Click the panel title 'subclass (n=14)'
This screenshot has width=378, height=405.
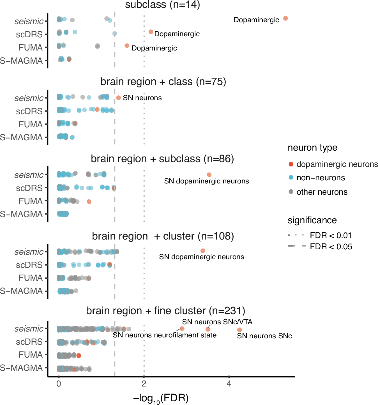162,5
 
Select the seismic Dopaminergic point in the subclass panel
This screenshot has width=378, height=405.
285,19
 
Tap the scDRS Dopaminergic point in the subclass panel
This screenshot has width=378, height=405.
151,32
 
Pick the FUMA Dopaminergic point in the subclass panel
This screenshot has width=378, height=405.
127,46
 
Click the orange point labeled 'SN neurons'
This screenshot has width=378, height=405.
119,98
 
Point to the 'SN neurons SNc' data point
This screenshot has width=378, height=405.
239,330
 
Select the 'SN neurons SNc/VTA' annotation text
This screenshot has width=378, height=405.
217,322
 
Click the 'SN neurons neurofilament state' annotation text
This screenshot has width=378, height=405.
165,335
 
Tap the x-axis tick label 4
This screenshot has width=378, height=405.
229,384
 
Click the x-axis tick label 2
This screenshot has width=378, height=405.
144,384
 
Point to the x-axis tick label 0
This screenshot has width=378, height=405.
59,384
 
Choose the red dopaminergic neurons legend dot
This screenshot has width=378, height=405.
291,164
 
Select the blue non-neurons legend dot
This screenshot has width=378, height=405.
291,178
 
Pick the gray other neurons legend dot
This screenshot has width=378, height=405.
291,192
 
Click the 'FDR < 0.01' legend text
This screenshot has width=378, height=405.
331,235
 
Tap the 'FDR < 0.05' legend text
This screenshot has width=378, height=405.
331,247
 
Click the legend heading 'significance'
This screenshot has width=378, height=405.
312,220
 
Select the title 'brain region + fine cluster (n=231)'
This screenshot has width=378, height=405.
165,311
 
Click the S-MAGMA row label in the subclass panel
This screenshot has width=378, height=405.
21,61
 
